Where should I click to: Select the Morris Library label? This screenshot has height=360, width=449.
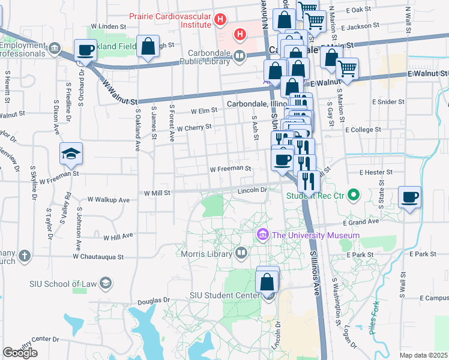click(x=206, y=254)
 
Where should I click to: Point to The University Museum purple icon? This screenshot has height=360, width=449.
click(x=262, y=234)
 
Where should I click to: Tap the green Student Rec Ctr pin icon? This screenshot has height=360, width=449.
click(x=354, y=194)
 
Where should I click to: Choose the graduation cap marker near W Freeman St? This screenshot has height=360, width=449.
click(x=71, y=154)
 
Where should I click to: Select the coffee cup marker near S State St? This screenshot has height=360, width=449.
click(x=409, y=197)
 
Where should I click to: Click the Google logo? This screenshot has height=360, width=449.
click(x=20, y=353)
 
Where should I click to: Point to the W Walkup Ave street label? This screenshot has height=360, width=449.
click(x=109, y=199)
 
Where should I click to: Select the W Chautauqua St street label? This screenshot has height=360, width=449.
click(x=98, y=256)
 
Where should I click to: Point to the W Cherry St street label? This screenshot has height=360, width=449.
click(x=194, y=127)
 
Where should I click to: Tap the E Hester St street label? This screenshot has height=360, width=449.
click(x=375, y=172)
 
